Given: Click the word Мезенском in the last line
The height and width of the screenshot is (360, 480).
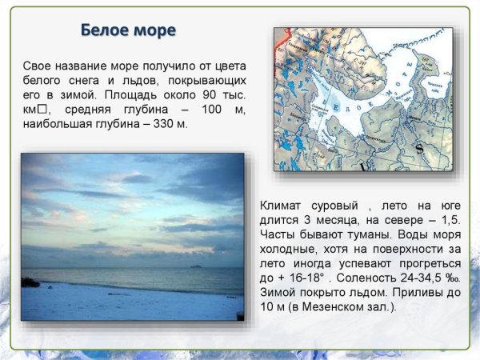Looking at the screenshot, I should (339, 307).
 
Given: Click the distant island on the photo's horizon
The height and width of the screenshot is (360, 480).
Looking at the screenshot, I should (194, 266).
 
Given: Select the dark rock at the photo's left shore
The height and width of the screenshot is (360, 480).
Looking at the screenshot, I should (30, 282).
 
